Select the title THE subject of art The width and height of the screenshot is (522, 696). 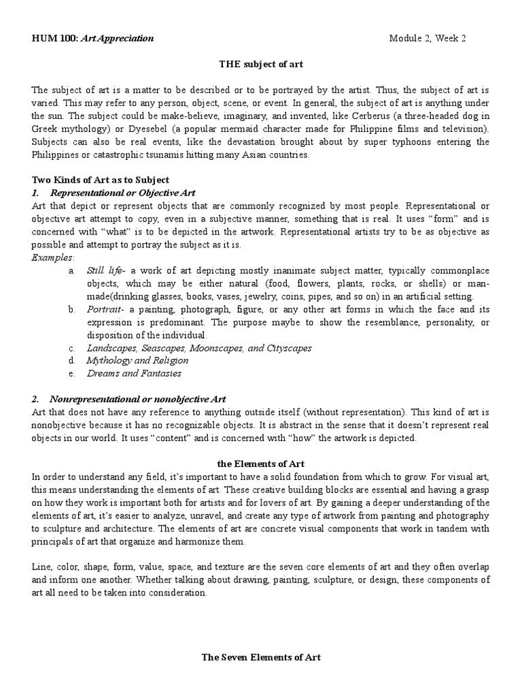point(260,65)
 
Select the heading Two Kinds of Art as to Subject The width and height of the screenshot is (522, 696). point(101,180)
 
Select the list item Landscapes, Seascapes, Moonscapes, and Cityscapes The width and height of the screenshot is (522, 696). point(199,348)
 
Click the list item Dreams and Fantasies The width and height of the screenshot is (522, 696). point(134,373)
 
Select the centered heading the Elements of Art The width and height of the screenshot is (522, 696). point(260,464)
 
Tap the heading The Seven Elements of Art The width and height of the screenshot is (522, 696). point(260,657)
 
